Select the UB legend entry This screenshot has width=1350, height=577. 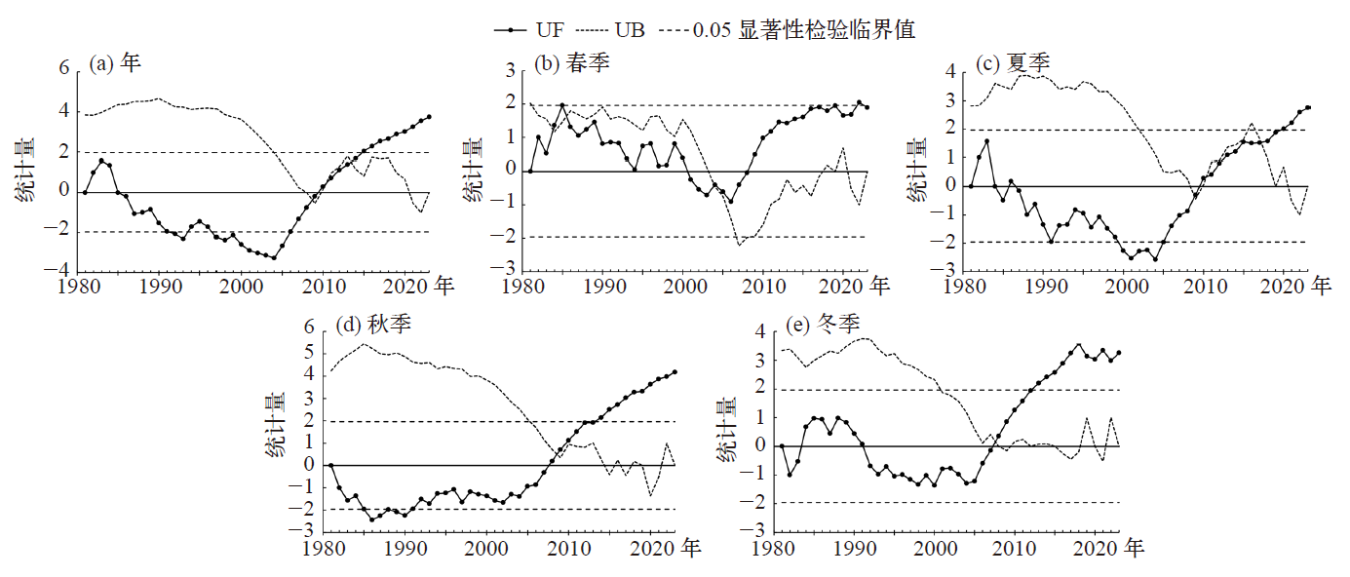[x=624, y=29]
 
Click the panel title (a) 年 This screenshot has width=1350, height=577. [x=115, y=63]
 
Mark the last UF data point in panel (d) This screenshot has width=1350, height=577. [x=675, y=371]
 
